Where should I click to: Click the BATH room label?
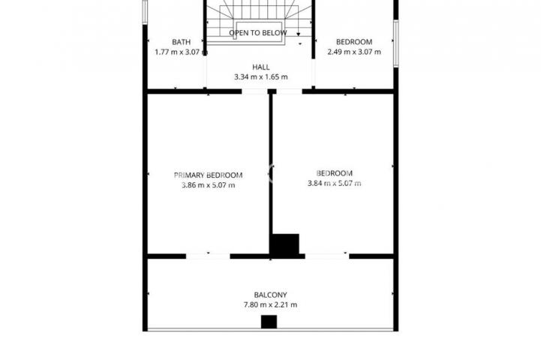[181, 42]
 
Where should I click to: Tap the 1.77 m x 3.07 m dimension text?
[181, 52]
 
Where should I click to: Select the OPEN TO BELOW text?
[257, 33]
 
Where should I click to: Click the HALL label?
[261, 67]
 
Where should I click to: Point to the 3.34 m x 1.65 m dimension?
[261, 77]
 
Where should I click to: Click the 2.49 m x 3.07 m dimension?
[354, 52]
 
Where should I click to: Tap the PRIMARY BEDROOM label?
[208, 175]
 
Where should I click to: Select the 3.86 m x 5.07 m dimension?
[208, 185]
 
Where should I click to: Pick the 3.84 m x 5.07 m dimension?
[335, 184]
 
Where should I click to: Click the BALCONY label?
[270, 295]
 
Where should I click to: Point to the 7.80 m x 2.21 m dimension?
[270, 304]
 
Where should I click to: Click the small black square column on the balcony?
[269, 322]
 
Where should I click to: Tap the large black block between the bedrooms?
[285, 246]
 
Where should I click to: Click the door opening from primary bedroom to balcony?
[208, 256]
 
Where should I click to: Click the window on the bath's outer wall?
[145, 12]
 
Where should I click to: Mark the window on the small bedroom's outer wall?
[396, 43]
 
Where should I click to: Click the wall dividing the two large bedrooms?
[271, 163]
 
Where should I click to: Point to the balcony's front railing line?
[270, 330]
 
